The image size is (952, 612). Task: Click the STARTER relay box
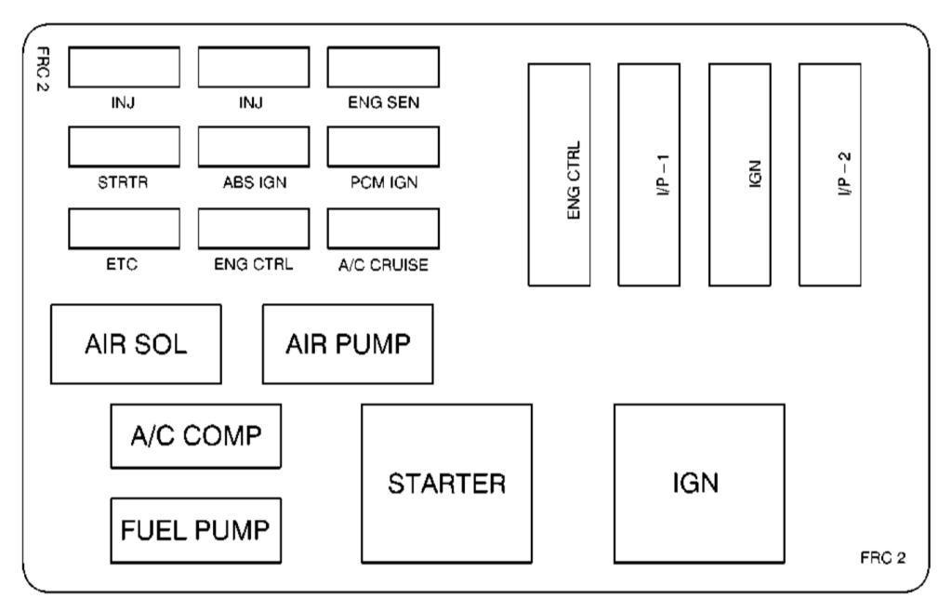pos(447,484)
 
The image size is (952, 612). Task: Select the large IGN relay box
pos(698,484)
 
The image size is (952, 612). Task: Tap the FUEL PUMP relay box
pos(195,531)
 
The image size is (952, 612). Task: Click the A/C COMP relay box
pos(195,435)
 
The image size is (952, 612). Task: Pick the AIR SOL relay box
pos(136,344)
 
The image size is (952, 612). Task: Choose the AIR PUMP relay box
pos(348,344)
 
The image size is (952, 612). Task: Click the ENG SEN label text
pos(383,103)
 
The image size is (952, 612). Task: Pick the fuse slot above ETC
pos(124,228)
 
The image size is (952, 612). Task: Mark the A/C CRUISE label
pos(383,264)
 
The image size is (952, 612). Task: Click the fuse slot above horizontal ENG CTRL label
pos(254,228)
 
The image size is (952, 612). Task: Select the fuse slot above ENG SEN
pos(383,67)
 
